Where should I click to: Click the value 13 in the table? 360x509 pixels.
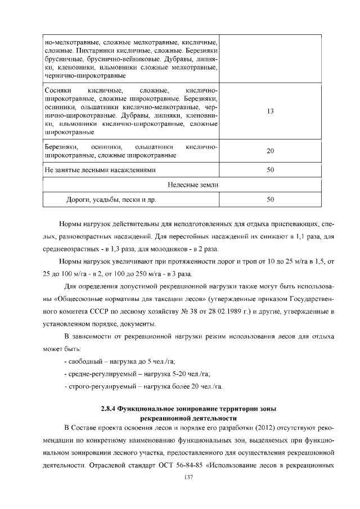click(x=270, y=111)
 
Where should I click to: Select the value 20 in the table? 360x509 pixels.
click(x=270, y=151)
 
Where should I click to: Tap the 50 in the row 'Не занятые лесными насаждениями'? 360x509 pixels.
click(x=270, y=169)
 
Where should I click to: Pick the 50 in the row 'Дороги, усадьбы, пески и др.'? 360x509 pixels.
click(x=270, y=200)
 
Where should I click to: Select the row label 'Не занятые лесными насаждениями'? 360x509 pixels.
click(x=100, y=169)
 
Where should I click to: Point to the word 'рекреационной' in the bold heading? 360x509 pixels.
click(x=166, y=418)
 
